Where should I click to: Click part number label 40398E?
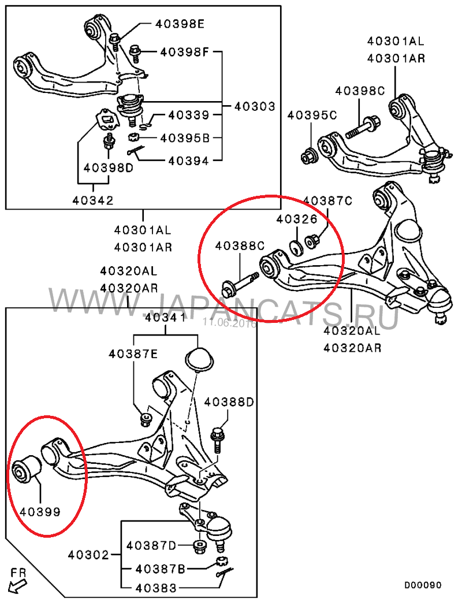pyautogui.click(x=180, y=24)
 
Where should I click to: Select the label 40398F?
pyautogui.click(x=184, y=51)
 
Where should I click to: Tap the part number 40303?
pyautogui.click(x=255, y=106)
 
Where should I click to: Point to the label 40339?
pyautogui.click(x=189, y=115)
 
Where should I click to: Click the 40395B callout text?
pyautogui.click(x=185, y=137)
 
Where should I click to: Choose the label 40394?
pyautogui.click(x=189, y=161)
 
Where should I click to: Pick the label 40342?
pyautogui.click(x=93, y=200)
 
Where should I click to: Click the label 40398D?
pyautogui.click(x=109, y=167)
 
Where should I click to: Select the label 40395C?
pyautogui.click(x=312, y=115)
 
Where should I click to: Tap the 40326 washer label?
pyautogui.click(x=297, y=219)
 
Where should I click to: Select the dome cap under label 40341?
pyautogui.click(x=199, y=360)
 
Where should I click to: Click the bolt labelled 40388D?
pyautogui.click(x=217, y=441)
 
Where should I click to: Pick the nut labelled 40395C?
pyautogui.click(x=310, y=156)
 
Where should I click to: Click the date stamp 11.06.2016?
pyautogui.click(x=229, y=323)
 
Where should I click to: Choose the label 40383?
pyautogui.click(x=156, y=588)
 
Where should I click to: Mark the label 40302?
pyautogui.click(x=88, y=554)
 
